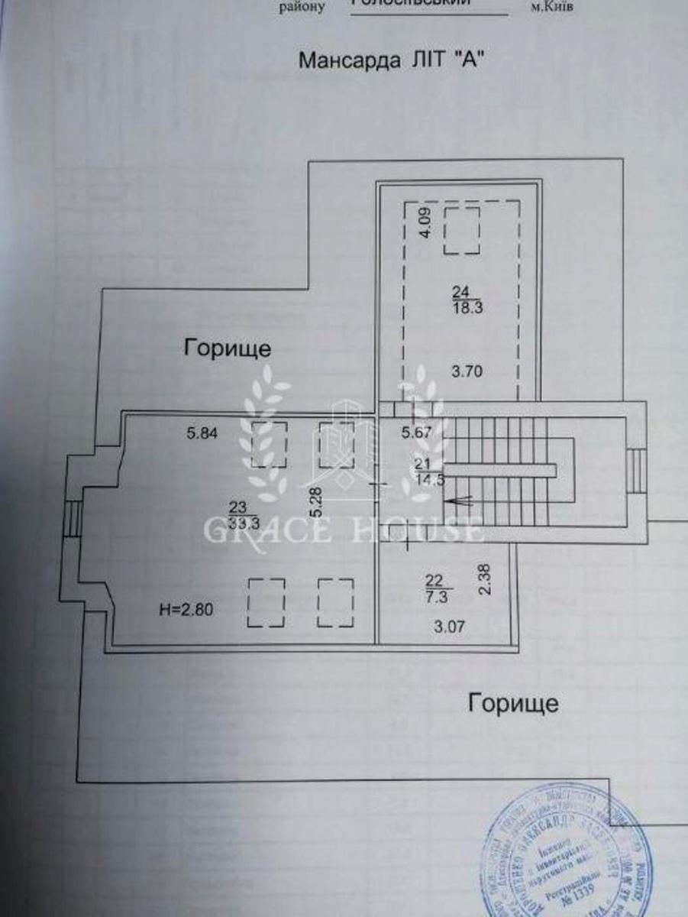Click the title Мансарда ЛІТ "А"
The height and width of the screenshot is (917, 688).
click(x=392, y=60)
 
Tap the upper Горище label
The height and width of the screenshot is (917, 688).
click(x=228, y=349)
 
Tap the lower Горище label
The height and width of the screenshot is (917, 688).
click(x=513, y=702)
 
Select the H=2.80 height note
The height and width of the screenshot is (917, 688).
click(x=187, y=610)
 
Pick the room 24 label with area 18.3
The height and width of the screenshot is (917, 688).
click(x=460, y=299)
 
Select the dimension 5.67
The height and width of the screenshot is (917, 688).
click(x=416, y=433)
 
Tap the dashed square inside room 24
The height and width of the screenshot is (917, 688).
click(x=462, y=228)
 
